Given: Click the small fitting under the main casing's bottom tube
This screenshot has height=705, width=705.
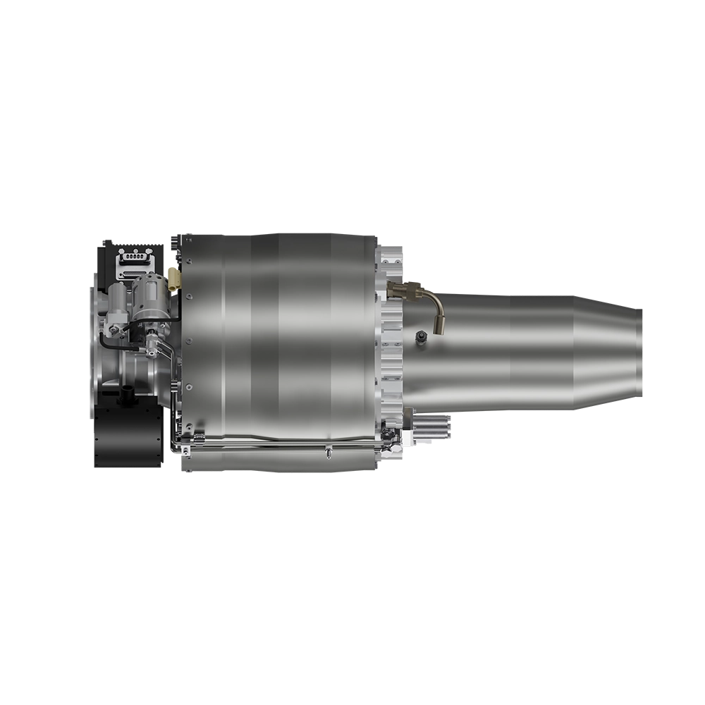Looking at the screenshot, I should [328, 452].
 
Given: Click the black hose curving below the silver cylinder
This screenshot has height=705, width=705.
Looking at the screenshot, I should [120, 343].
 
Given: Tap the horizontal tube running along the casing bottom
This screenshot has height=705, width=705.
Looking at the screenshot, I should [282, 445].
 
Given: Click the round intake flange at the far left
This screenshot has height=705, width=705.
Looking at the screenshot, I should [91, 352].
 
